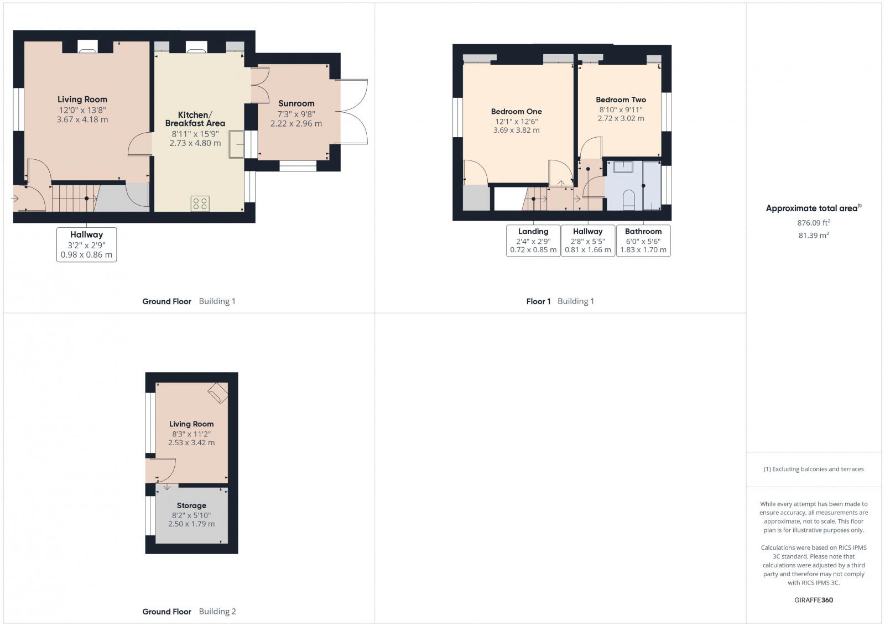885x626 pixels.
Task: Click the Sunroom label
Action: click(296, 103)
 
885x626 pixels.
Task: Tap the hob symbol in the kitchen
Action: click(200, 203)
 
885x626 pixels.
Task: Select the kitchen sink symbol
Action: click(236, 144)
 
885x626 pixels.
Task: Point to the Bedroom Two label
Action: click(621, 100)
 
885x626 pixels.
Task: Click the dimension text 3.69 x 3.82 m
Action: click(516, 131)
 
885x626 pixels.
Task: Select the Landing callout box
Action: click(533, 241)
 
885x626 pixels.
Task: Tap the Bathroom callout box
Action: click(643, 241)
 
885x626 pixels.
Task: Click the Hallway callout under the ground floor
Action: click(86, 244)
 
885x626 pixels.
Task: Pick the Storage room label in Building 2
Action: click(191, 505)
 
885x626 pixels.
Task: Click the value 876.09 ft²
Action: click(813, 223)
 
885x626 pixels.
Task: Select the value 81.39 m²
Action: click(813, 235)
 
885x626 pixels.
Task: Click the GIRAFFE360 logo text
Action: click(813, 600)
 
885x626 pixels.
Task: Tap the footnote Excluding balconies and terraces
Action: click(813, 469)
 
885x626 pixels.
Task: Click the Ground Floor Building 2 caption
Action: click(189, 611)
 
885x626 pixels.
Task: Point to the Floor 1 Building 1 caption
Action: click(560, 301)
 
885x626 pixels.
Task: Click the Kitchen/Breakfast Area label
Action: click(195, 119)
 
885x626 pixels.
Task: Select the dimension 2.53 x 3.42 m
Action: click(191, 442)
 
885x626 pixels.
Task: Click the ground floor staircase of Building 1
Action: click(75, 198)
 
